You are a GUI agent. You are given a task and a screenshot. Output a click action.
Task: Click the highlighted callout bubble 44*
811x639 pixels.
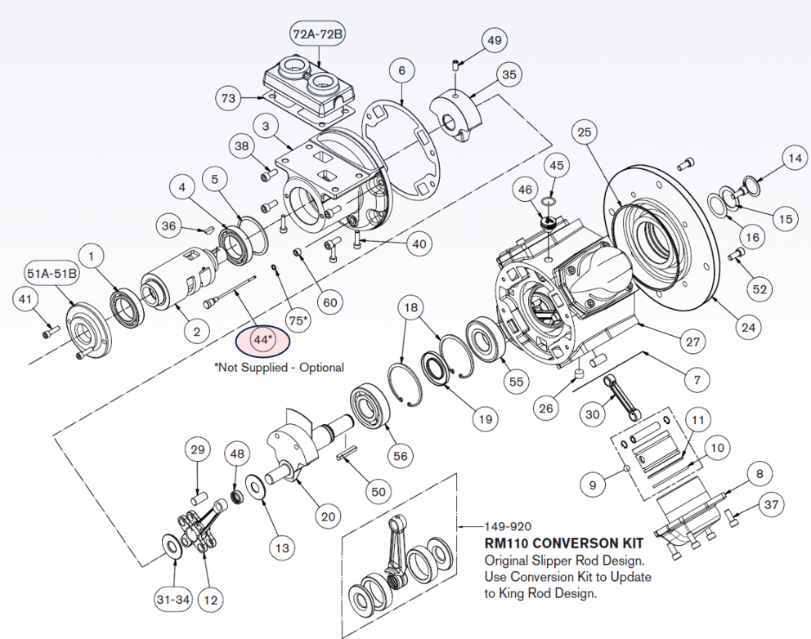(x=262, y=339)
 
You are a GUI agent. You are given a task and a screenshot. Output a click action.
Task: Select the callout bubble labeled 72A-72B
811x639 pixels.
(x=317, y=34)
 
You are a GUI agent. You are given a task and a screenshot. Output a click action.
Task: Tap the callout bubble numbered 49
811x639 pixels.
(x=494, y=40)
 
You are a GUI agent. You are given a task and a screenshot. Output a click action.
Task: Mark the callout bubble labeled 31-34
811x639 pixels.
(x=173, y=600)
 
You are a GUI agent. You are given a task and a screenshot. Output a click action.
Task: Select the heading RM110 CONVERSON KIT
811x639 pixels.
(x=563, y=543)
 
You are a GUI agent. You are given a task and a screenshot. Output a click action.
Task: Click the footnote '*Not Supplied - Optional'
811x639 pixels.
(x=279, y=368)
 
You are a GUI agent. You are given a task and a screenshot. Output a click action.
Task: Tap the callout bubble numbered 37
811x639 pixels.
(x=770, y=506)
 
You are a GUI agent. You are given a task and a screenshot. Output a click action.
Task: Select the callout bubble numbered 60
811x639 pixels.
(x=329, y=302)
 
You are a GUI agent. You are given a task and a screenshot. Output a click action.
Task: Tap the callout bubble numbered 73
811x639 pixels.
(x=229, y=99)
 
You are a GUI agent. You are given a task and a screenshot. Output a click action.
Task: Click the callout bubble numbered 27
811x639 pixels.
(x=692, y=342)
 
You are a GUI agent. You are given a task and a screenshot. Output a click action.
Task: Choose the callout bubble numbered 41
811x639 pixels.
(x=25, y=301)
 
